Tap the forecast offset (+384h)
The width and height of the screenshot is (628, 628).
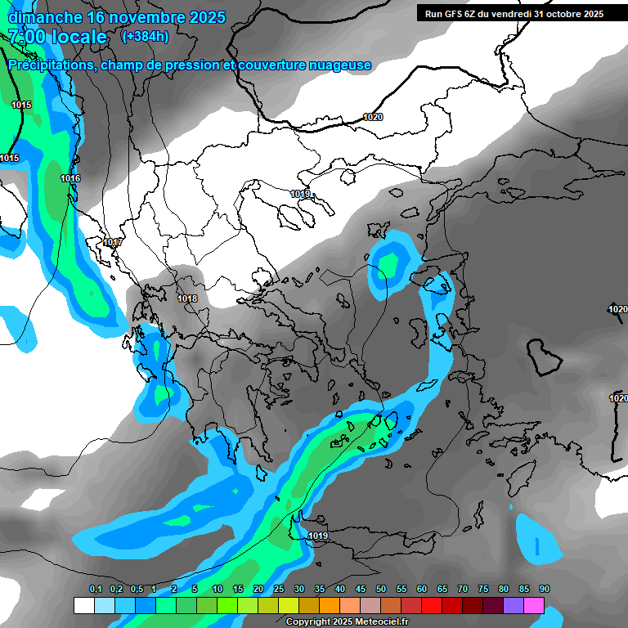[x=145, y=36]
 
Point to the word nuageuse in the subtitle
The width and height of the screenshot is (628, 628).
[x=339, y=65]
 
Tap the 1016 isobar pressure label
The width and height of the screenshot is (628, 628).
[x=70, y=178]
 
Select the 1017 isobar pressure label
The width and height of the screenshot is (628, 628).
[x=113, y=243]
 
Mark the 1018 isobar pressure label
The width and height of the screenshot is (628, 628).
[x=187, y=298]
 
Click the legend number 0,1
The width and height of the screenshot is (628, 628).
[x=96, y=590]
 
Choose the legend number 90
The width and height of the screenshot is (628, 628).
[x=545, y=590]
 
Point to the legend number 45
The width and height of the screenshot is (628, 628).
[x=361, y=590]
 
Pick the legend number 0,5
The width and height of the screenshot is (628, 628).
[x=137, y=590]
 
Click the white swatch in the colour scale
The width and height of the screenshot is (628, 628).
[x=83, y=605]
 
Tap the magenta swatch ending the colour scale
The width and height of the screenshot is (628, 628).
[x=534, y=605]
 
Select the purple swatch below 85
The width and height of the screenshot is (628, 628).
[x=514, y=605]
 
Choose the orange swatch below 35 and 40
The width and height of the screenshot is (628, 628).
[x=330, y=605]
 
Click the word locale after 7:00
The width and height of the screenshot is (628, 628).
[x=78, y=37]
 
